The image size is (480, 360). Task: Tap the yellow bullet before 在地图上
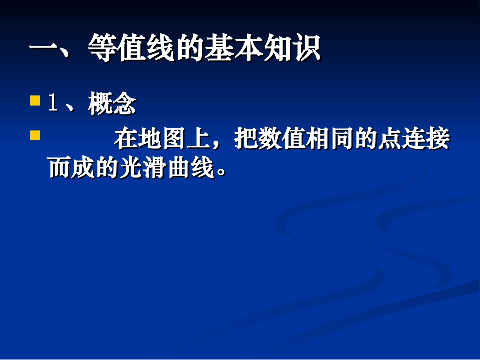35,136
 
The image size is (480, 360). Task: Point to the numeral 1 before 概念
52,104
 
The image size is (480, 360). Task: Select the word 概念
112,104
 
